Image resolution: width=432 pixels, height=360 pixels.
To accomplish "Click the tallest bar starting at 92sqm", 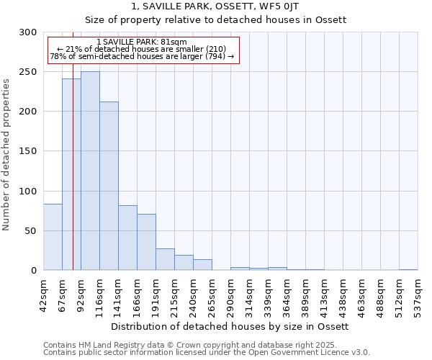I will [90, 171].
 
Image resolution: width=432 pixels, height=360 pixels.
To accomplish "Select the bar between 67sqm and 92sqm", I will [71, 174].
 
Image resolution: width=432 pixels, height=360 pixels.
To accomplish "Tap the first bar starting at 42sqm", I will [53, 237].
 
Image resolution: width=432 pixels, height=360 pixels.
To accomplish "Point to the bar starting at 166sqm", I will [146, 242].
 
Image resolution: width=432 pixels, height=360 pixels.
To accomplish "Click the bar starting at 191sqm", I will [165, 259].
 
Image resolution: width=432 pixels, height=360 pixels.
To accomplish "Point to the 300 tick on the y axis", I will [28, 32].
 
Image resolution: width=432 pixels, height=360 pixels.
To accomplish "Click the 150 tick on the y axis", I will [28, 151].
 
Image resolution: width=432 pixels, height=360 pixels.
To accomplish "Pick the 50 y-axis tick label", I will [31, 231].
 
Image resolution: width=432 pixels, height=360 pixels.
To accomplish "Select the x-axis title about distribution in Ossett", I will [230, 326].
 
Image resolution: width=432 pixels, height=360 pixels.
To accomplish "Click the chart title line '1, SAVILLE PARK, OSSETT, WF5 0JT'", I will [215, 6].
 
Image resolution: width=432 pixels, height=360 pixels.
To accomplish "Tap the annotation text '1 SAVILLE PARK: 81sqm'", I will [141, 42].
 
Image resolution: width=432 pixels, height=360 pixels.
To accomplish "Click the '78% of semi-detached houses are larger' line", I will [141, 56].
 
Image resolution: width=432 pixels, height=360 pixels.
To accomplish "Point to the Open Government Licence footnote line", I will [207, 353].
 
